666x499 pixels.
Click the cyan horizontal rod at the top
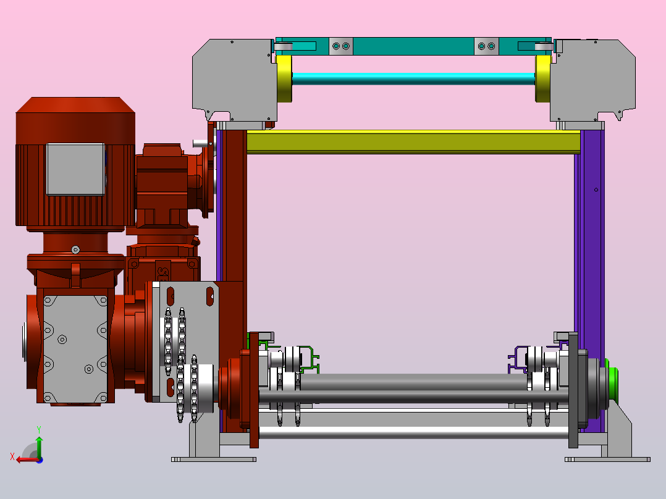[413, 78]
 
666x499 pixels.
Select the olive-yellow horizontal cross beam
[413, 142]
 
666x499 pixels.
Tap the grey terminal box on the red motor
[75, 169]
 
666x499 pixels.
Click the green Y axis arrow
[39, 446]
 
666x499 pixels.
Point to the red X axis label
[12, 457]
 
